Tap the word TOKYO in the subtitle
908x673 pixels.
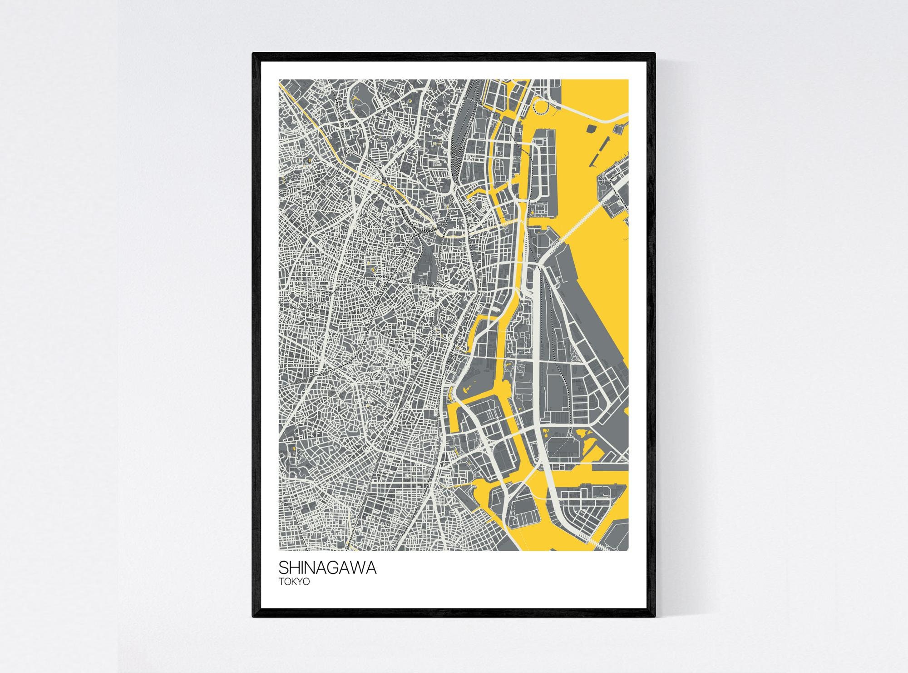point(294,582)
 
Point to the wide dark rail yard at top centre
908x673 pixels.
point(465,114)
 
